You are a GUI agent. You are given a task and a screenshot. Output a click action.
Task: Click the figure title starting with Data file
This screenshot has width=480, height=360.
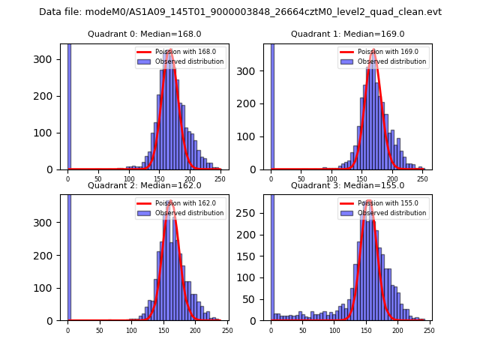[240, 12]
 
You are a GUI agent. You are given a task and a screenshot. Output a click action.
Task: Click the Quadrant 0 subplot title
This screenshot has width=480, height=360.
[144, 34]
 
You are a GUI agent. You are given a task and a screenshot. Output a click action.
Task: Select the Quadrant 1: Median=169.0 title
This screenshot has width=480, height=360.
[347, 34]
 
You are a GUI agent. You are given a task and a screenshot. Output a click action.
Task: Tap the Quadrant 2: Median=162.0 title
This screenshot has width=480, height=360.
[144, 185]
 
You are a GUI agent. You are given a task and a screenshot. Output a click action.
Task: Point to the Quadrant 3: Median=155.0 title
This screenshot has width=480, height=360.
[347, 185]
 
